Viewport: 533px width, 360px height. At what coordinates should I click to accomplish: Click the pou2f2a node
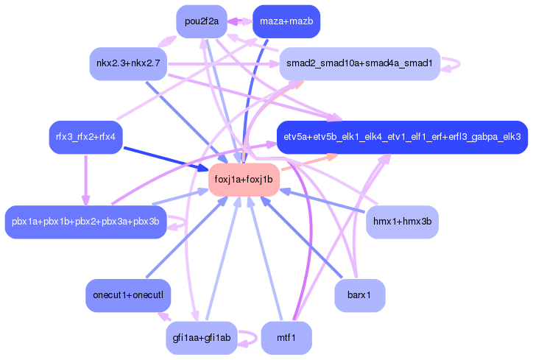[x=202, y=21]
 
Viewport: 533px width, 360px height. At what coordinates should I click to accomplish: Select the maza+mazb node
[x=286, y=21]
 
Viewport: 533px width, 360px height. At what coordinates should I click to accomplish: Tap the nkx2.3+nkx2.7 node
[x=128, y=63]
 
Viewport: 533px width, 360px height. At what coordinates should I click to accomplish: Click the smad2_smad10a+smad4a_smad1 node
[x=360, y=63]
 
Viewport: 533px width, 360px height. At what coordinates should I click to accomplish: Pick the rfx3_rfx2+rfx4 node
[x=85, y=137]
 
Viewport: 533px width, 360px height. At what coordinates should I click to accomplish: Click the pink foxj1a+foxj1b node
[x=244, y=180]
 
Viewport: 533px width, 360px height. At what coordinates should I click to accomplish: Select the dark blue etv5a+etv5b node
[x=402, y=137]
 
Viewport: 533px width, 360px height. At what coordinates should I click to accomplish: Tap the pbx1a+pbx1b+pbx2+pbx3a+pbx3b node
[x=85, y=222]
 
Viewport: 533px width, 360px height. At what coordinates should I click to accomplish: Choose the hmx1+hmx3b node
[x=402, y=222]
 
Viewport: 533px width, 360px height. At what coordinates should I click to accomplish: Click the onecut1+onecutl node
[x=128, y=295]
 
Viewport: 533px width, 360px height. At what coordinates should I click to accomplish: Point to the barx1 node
[x=360, y=295]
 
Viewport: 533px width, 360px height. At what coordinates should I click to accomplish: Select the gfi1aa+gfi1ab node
[x=202, y=338]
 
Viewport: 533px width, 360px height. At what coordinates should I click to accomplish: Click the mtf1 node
[x=286, y=338]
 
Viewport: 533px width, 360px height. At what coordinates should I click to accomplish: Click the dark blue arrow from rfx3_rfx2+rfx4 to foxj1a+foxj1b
[x=166, y=158]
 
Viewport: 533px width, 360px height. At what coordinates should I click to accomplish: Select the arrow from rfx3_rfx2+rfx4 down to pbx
[x=85, y=180]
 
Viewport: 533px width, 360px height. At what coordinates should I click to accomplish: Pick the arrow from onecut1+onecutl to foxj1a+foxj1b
[x=187, y=237]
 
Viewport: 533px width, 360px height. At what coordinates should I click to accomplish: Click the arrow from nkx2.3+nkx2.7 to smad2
[x=224, y=64]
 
